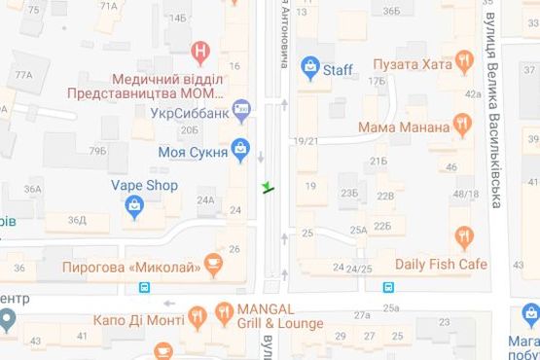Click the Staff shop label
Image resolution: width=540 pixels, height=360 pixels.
click(x=338, y=69)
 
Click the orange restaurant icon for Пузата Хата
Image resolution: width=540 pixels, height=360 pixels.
click(x=465, y=65)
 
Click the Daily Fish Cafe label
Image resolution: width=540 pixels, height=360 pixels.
click(x=440, y=264)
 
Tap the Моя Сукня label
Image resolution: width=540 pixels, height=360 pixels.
click(x=191, y=151)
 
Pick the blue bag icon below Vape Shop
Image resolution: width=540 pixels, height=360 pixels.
click(x=134, y=205)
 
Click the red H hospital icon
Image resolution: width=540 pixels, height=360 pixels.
click(x=199, y=49)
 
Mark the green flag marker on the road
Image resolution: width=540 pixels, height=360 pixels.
click(x=268, y=187)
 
